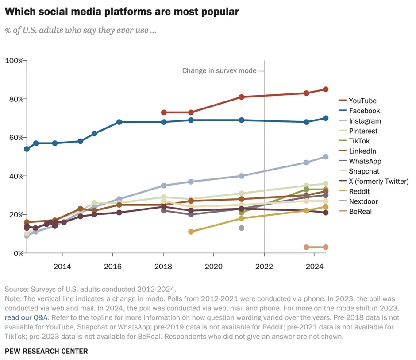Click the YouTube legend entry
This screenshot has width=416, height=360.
pos(358,101)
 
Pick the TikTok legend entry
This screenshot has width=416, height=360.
pos(354,141)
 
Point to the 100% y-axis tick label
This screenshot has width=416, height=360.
pos(14,61)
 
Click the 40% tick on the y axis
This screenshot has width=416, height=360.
pos(16,176)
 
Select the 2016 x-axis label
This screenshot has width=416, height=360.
pos(113,266)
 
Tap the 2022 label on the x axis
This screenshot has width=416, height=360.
pos(264,266)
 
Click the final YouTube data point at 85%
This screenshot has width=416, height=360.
pos(326,89)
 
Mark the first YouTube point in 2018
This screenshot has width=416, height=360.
pos(164,112)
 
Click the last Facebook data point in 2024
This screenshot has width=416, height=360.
pos(326,118)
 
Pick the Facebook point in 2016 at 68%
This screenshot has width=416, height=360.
pos(119,122)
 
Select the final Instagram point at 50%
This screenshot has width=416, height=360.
pos(326,157)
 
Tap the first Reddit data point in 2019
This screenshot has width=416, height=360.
pos(191,232)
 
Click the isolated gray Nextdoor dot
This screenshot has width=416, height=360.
pos(242,228)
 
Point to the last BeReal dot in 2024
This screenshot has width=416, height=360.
pos(326,247)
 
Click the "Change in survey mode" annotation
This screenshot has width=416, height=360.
pos(220,70)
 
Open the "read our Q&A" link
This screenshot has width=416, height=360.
pos(27,317)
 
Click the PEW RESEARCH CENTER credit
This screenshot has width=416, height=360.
pos(46,351)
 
